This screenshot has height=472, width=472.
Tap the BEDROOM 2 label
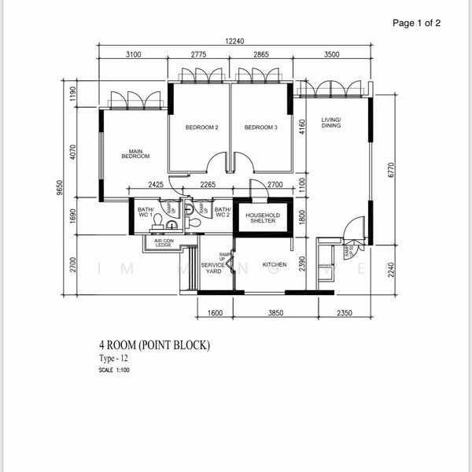[x=201, y=127]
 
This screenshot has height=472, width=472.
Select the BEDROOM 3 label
[x=260, y=127]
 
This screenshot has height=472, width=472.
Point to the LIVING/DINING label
[x=330, y=123]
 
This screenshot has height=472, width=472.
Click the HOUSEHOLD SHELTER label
[x=263, y=217]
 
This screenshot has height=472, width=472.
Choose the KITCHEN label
[x=274, y=264]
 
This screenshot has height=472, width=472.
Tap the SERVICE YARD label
[x=213, y=268]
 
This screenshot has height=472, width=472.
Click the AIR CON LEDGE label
[x=164, y=243]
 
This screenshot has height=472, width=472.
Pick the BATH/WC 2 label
[x=222, y=211]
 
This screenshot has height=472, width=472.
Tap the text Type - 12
[x=115, y=359]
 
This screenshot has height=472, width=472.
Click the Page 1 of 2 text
[x=416, y=23]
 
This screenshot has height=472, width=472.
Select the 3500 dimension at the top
[x=331, y=55]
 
